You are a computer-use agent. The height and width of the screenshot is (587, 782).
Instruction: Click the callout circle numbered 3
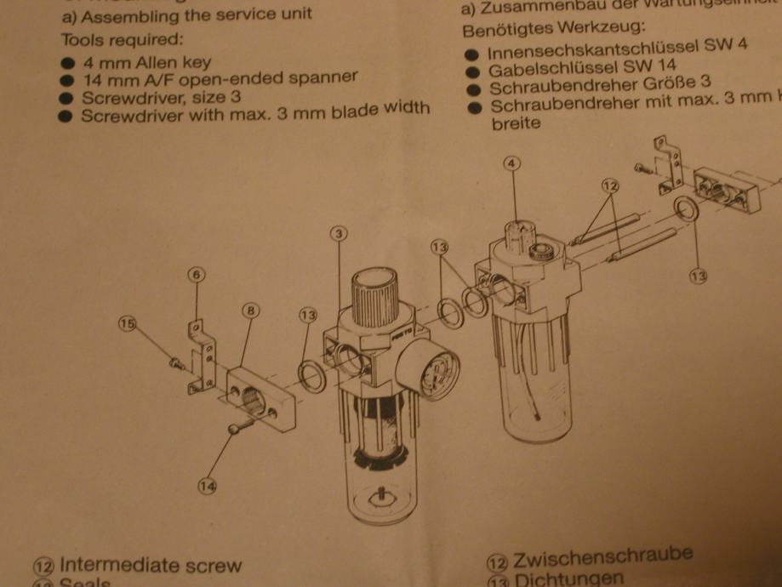(x=338, y=233)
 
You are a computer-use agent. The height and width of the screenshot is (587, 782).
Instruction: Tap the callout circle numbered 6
(x=196, y=274)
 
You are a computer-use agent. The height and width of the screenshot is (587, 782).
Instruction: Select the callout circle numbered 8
(x=250, y=311)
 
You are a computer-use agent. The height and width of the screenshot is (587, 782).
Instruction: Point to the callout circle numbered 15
(x=127, y=324)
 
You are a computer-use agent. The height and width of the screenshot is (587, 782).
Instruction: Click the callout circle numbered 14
(x=208, y=487)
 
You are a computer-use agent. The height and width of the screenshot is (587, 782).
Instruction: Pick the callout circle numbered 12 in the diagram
(x=609, y=184)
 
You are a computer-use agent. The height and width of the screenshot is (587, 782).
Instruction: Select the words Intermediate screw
(x=151, y=565)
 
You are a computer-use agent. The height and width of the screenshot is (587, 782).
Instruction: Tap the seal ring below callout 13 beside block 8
(x=312, y=374)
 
